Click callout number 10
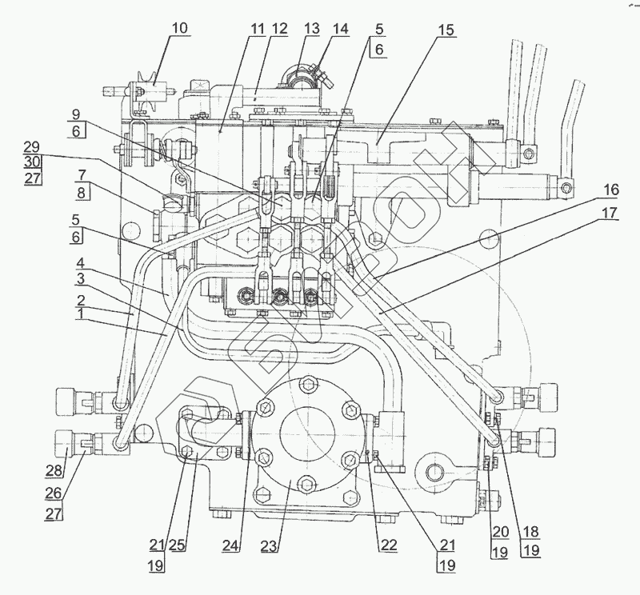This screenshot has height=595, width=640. coord(179,28)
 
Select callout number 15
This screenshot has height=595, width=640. coord(446,30)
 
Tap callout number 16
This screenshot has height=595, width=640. coord(611,190)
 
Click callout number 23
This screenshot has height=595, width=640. coord(270,545)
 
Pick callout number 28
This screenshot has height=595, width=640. coord(54,470)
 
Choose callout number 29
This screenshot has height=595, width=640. coord(32,147)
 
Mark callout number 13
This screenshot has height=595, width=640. coord(311,29)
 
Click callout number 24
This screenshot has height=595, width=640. coord(230,545)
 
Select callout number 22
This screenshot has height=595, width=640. coord(388,545)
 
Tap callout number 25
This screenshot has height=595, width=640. coord(178,545)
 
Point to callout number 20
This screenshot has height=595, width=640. coord(500,531)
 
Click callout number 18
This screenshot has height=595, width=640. coord(531,531)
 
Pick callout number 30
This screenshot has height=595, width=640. coord(32,162)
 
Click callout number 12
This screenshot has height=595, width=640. coord(279,29)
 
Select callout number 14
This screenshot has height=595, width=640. coord(341,29)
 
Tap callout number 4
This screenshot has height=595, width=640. coord(82,263)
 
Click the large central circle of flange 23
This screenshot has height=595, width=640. coord(307,432)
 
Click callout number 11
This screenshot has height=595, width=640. coord(258,29)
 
